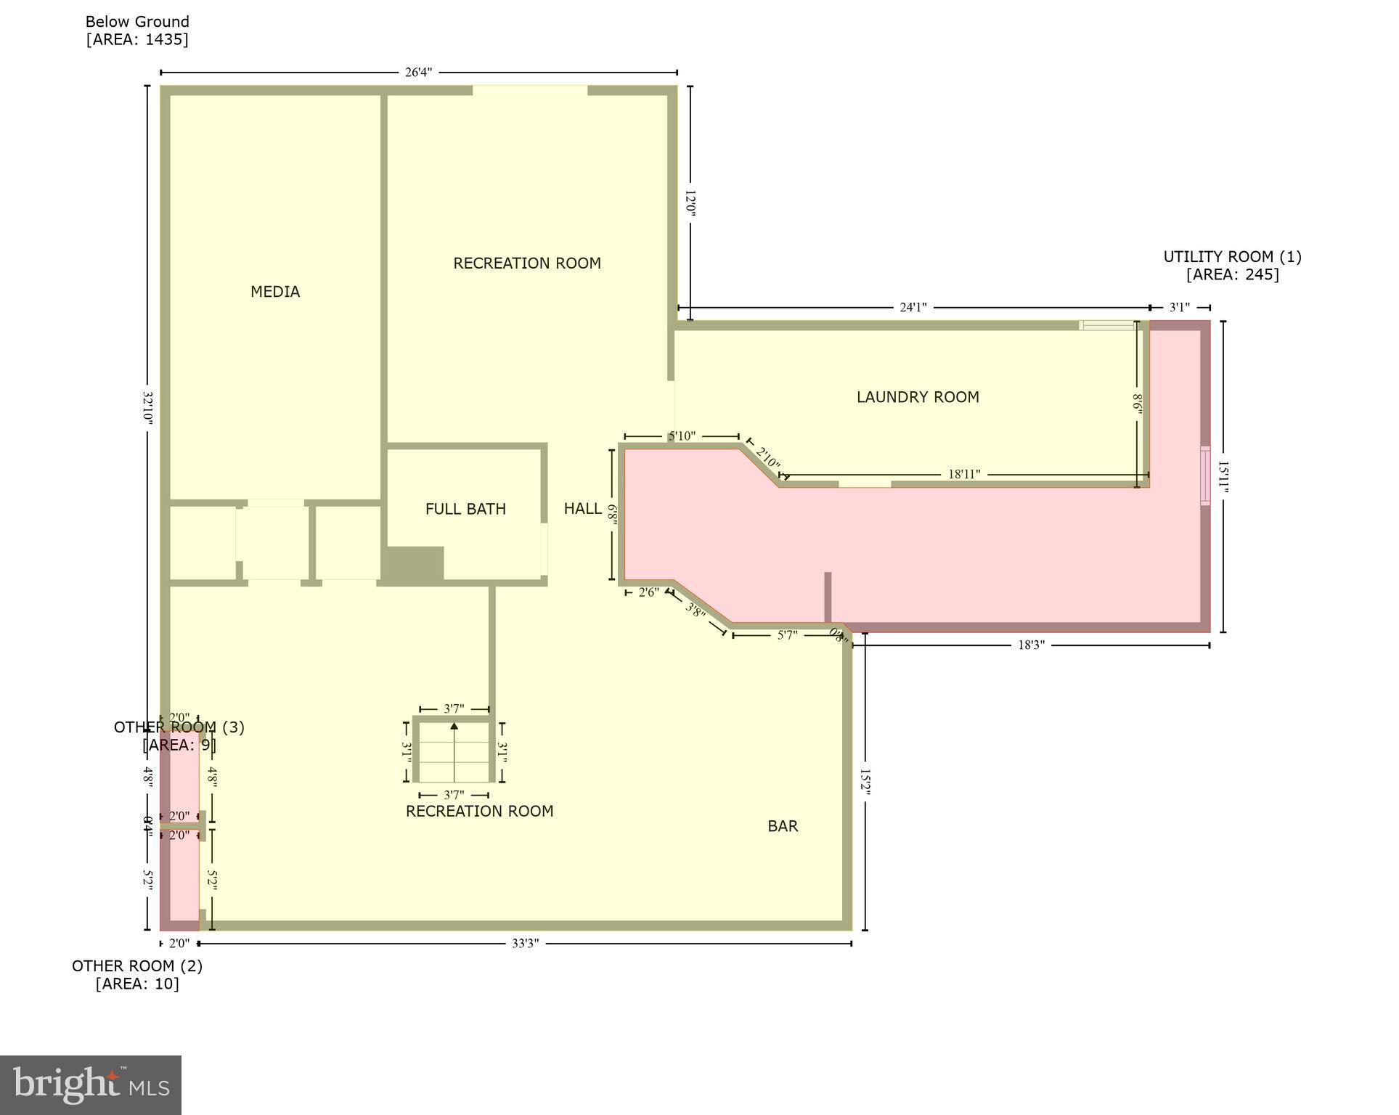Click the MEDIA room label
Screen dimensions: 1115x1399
coord(275,292)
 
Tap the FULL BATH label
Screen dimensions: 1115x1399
coord(465,510)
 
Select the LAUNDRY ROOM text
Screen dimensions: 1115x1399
coord(918,397)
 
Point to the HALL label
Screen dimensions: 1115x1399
coord(582,509)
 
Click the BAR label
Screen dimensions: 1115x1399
coord(783,826)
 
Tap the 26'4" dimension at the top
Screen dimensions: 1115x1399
coord(418,73)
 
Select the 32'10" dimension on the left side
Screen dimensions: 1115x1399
coord(147,409)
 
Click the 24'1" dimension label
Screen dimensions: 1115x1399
coord(913,308)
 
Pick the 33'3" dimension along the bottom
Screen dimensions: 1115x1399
coord(525,944)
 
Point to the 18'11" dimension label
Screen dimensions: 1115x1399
coord(964,475)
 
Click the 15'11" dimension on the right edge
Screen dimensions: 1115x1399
coord(1223,477)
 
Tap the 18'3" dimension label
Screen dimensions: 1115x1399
coord(1031,645)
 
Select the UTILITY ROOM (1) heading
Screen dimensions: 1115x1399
coord(1232,257)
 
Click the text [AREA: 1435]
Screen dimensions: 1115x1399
coord(137,40)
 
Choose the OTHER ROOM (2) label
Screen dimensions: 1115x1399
coord(137,966)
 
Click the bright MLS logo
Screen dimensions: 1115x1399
coord(91,1085)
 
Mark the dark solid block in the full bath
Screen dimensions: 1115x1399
coord(413,564)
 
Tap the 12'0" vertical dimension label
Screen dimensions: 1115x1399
coord(690,204)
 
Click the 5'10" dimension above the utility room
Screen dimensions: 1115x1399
coord(682,436)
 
